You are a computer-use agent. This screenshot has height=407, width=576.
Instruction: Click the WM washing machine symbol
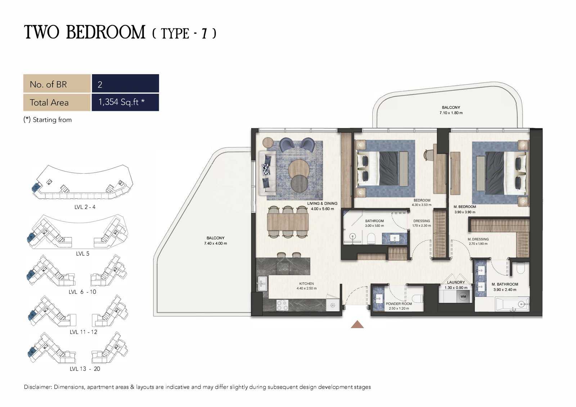tap(463, 297)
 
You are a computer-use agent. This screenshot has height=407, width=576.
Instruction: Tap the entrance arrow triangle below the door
tap(357, 324)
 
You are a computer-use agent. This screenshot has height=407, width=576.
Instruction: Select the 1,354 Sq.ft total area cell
tap(125, 102)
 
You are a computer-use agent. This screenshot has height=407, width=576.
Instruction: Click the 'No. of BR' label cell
tap(57, 83)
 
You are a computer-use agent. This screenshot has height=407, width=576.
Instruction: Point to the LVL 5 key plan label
tap(82, 254)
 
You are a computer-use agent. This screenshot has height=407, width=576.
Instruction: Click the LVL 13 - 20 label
tap(85, 369)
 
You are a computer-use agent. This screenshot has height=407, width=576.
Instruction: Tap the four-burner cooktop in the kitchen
tap(282, 305)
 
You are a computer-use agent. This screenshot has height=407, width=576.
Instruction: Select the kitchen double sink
tap(262, 283)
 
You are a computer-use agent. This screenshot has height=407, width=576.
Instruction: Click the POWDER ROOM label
tap(399, 303)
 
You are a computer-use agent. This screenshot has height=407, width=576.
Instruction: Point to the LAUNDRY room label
tap(456, 282)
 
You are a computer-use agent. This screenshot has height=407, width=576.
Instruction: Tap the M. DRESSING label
tap(478, 239)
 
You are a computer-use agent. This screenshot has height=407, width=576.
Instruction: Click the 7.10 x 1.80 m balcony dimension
tap(451, 113)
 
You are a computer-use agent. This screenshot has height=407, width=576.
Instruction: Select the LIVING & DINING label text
tap(322, 203)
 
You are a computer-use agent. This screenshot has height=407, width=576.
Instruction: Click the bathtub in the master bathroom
tap(512, 304)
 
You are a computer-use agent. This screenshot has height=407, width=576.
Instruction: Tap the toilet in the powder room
tap(417, 299)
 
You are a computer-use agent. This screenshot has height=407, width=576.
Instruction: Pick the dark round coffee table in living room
tap(300, 183)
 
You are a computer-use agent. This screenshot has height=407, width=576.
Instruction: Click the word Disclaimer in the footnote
tap(37, 387)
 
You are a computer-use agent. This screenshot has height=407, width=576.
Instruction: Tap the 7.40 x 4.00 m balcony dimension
tap(216, 243)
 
